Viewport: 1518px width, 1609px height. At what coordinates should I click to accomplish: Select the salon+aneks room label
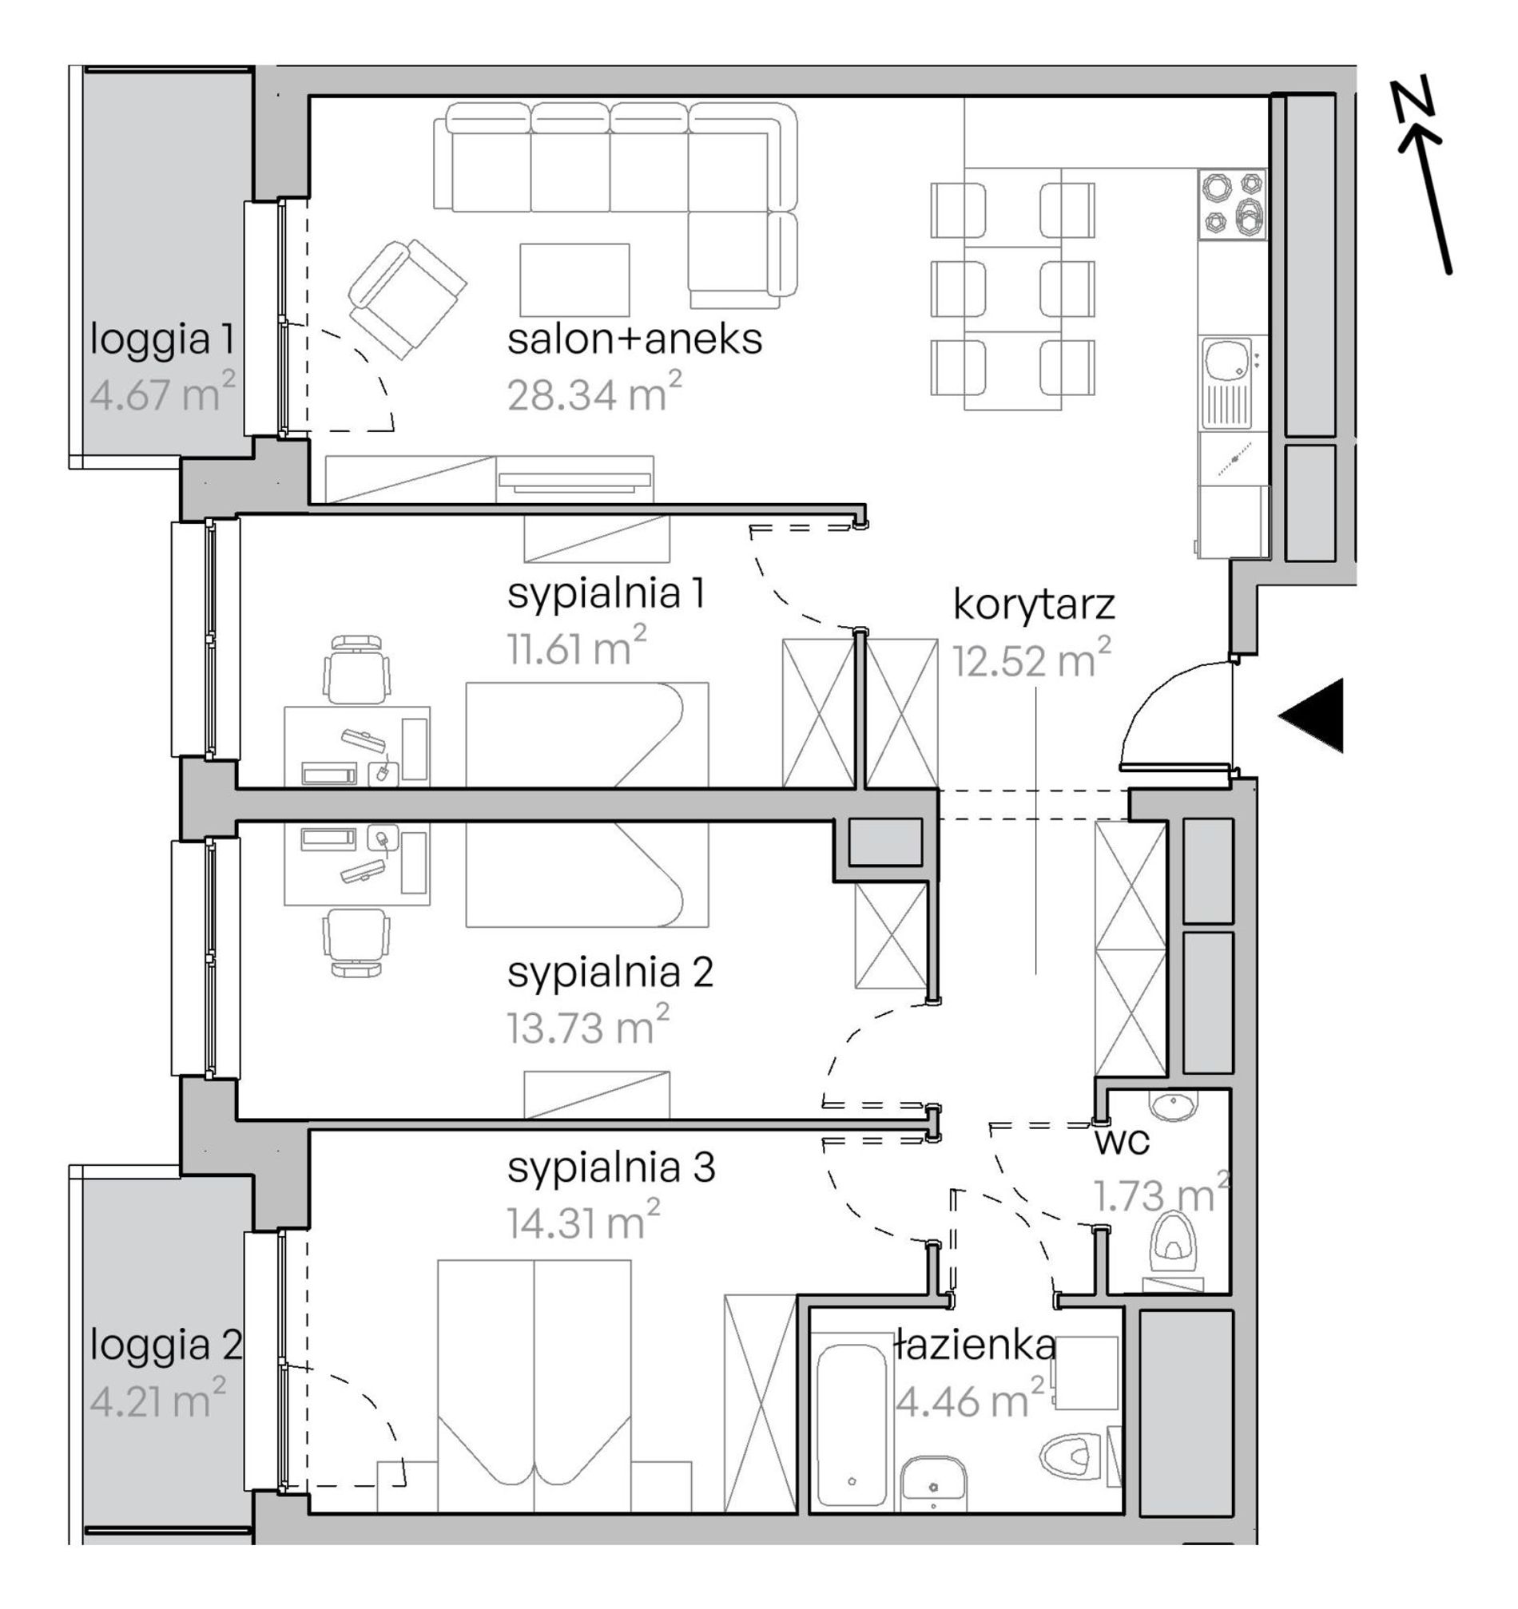tap(634, 339)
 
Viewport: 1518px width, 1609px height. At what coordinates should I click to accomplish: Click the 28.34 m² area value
tap(594, 393)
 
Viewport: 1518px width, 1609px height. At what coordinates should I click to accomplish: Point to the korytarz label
tap(1034, 604)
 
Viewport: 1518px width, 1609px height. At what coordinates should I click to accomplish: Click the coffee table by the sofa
tap(574, 280)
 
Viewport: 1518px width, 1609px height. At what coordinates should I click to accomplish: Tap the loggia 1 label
tap(162, 340)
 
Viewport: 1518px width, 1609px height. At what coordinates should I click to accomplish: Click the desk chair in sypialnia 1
tap(356, 670)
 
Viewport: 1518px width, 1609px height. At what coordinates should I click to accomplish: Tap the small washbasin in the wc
tap(1171, 1106)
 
